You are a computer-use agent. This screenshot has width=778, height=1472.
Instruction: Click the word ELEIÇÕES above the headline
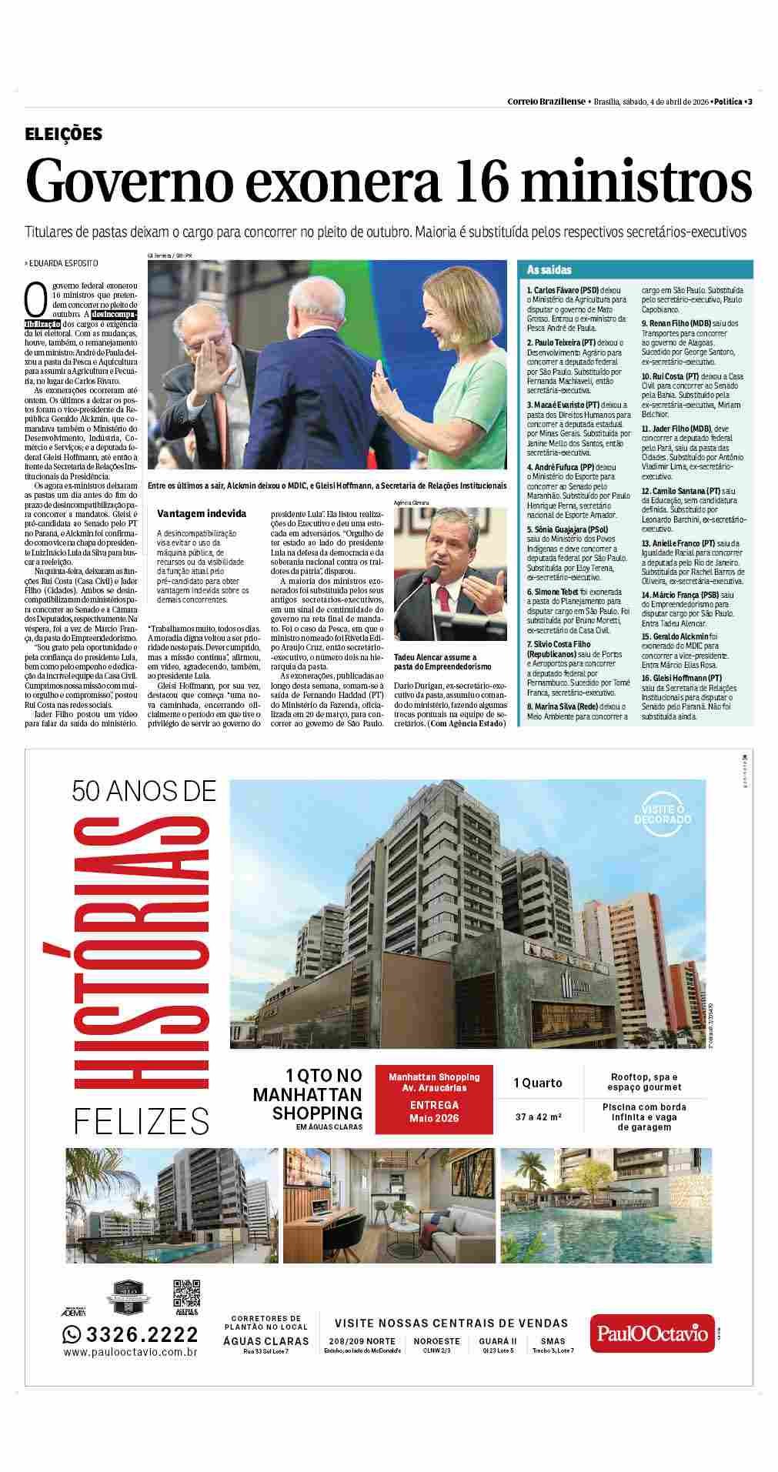(63, 134)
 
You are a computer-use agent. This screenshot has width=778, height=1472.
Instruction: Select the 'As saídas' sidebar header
(549, 270)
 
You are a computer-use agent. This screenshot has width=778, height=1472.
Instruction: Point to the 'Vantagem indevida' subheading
(202, 513)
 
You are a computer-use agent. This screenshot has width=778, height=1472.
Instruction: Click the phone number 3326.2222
(141, 1334)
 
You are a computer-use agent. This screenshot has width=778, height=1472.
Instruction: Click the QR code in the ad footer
(185, 1293)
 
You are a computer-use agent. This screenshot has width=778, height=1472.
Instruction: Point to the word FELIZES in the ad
(142, 1121)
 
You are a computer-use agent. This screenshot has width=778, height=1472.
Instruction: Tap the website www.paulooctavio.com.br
(131, 1352)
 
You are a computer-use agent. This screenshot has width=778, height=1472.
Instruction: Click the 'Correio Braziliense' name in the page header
(546, 102)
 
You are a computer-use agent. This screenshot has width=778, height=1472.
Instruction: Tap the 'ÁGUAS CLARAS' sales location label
(265, 1341)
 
